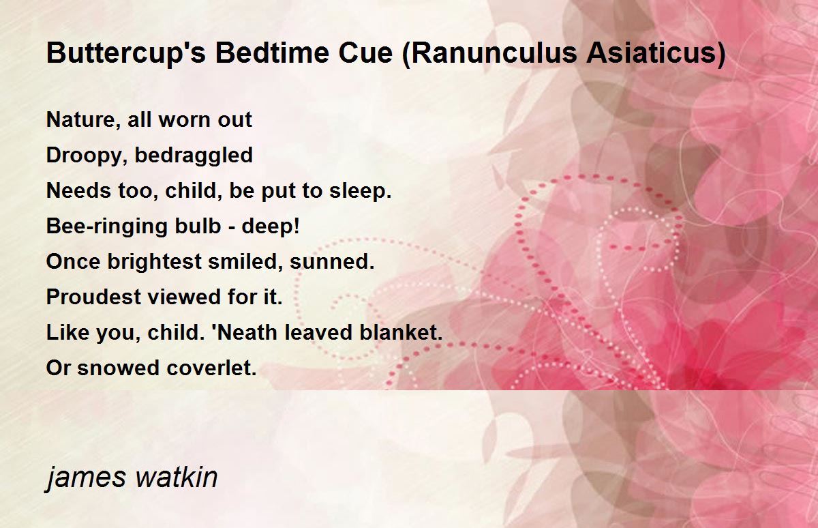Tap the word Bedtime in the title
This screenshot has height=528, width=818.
273,53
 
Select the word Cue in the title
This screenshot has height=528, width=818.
365,53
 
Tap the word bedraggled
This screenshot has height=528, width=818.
194,156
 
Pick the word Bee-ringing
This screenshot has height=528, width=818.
106,226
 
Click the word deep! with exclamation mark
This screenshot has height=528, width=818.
271,226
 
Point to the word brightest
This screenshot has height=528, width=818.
155,262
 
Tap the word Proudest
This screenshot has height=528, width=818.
94,297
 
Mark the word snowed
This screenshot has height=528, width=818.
119,368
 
